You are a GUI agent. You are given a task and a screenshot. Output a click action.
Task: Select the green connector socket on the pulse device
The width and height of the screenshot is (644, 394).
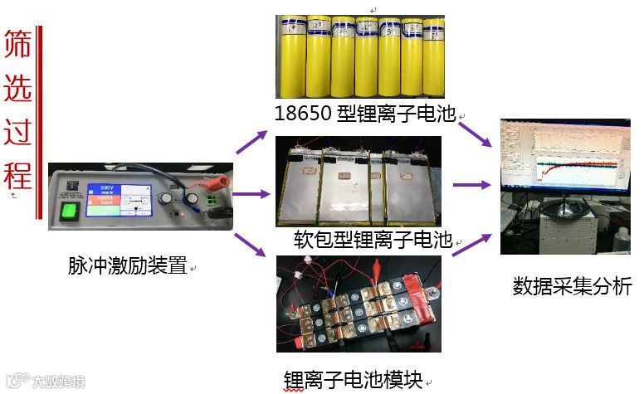point(213,202)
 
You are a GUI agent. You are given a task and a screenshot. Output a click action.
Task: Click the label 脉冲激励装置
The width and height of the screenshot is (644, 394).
point(127,266)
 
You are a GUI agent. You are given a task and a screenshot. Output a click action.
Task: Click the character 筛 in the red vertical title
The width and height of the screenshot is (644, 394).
point(17,46)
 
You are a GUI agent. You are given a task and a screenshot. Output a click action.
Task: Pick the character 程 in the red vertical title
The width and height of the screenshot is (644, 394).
point(17,175)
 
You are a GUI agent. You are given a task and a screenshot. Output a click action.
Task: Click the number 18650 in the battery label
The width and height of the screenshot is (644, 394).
point(305,114)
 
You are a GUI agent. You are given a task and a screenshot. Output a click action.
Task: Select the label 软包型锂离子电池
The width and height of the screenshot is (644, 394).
point(373,241)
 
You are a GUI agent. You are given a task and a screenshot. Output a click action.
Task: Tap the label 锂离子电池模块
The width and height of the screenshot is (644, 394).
point(353,380)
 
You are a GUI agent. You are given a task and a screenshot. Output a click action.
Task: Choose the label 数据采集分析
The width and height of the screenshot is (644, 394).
point(572,287)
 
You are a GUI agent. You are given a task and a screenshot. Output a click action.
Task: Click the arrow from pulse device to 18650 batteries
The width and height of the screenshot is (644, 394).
point(252,142)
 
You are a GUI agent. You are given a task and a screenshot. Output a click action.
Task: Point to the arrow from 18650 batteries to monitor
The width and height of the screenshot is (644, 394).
point(476,135)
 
